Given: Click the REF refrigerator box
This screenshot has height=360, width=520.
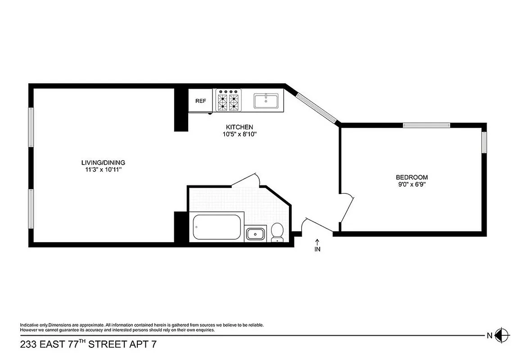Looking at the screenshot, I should coord(200,101).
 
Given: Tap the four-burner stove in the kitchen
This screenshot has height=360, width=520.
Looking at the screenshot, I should coord(228,100).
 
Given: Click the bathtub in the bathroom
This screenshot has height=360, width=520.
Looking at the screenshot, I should coord(217,228).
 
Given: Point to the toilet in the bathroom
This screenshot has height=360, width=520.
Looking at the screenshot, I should coord(277,231).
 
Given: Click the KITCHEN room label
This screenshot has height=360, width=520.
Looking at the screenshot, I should coord(239,127).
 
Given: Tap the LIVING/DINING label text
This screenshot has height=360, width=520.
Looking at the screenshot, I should coord(103,162).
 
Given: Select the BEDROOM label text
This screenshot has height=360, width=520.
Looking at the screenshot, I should coord(411,177).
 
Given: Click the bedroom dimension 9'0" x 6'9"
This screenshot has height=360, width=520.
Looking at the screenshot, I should coord(411,184).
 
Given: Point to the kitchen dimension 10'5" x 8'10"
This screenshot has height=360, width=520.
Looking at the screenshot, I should coord(239,134).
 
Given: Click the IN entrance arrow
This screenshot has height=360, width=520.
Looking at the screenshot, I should coord(317,246).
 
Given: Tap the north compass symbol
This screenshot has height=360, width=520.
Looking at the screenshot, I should coord(501,335).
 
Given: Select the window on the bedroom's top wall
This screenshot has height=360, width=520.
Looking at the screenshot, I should coord(426,125).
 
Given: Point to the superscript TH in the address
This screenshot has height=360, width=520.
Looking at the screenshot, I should coord(82,342).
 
